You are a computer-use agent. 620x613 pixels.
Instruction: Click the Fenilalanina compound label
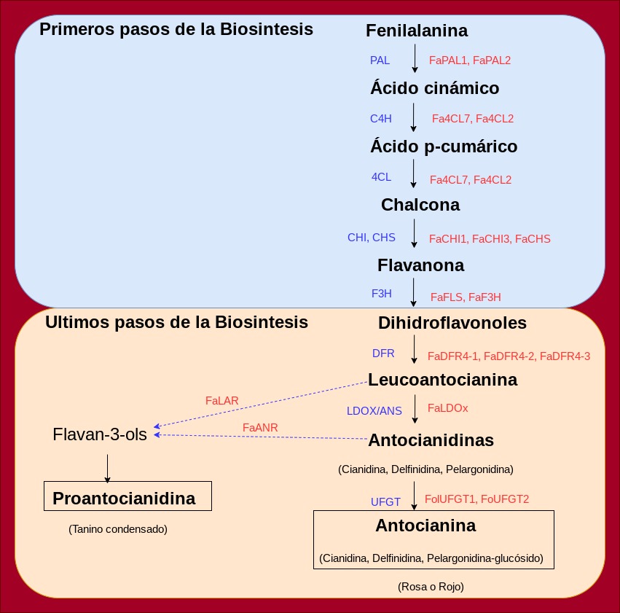[x=417, y=31]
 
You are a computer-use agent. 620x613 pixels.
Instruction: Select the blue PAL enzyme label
[x=380, y=60]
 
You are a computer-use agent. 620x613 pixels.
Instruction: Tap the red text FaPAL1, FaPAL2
[x=470, y=60]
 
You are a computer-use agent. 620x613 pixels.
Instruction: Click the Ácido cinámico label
[x=434, y=88]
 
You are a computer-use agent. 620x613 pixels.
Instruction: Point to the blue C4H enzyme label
[x=381, y=118]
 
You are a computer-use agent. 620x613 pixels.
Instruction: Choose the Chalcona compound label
[x=420, y=205]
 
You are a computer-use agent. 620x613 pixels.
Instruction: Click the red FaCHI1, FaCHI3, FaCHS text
[x=490, y=238]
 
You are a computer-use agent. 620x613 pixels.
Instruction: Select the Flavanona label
[x=420, y=264]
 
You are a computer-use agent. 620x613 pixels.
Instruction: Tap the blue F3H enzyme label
[x=382, y=294]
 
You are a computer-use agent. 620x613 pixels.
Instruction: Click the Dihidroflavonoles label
[x=452, y=322]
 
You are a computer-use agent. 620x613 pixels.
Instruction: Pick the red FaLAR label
[x=222, y=400]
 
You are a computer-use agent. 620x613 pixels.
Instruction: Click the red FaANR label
[x=260, y=427]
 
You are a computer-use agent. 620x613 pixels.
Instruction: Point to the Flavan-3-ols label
[x=100, y=435]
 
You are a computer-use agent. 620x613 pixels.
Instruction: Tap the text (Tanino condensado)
[x=118, y=529]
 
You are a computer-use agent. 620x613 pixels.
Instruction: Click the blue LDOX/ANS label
[x=374, y=410]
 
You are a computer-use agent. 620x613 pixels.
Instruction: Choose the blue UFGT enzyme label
[x=385, y=501]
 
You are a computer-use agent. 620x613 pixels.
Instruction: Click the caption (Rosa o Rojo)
[x=431, y=586]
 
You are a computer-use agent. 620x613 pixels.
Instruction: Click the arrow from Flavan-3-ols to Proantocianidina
[x=107, y=468]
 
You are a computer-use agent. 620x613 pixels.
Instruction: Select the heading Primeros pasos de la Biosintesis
[x=176, y=30]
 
